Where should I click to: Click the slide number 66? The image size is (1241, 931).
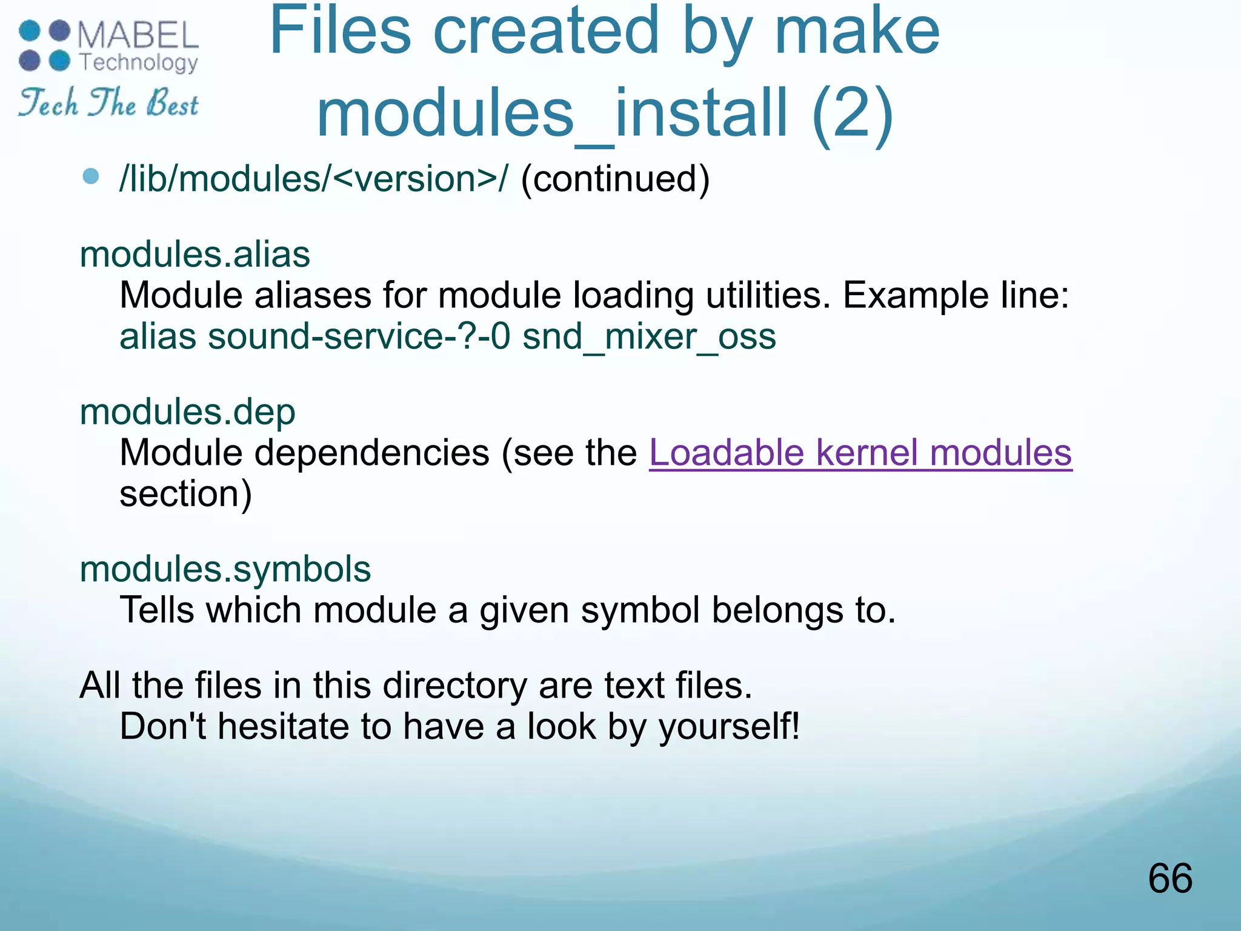(x=1170, y=878)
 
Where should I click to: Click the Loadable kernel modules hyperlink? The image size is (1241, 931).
(x=860, y=453)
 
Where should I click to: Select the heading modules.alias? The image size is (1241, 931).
(x=195, y=255)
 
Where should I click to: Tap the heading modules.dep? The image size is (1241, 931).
(x=187, y=412)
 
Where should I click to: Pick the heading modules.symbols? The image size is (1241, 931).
(x=225, y=570)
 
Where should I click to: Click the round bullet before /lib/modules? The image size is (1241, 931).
(x=91, y=177)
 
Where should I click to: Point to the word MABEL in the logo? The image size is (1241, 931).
(x=138, y=35)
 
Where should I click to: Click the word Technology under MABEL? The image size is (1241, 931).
(x=139, y=62)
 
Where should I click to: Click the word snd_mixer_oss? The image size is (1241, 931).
(x=649, y=337)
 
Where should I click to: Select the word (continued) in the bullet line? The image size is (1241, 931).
(x=614, y=179)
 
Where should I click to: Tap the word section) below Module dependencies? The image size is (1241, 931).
(x=185, y=494)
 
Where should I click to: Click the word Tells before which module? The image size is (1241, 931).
(x=157, y=610)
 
